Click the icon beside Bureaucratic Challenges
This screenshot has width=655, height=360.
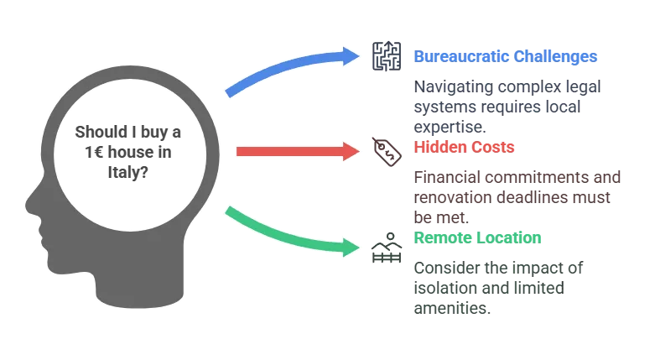[385, 57]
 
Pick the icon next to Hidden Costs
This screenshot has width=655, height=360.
[385, 150]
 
